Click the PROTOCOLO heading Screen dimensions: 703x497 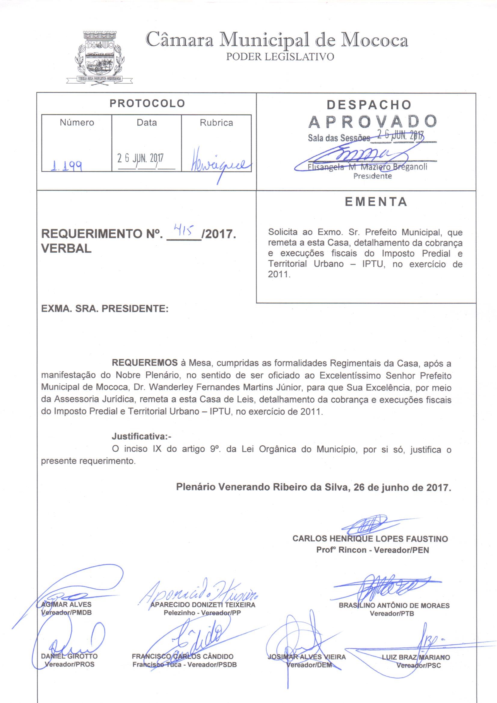147,103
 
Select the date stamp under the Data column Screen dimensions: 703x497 140,158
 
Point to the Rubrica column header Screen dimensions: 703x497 216,123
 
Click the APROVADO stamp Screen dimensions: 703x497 373,122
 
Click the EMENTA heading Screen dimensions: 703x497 376,202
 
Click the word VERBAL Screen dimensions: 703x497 66,248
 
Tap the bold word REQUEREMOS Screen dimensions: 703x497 145,363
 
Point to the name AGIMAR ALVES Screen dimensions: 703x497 66,604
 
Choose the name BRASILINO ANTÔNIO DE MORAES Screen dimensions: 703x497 394,605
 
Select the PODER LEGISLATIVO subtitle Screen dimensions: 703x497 280,57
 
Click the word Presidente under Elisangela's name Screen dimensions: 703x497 372,176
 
